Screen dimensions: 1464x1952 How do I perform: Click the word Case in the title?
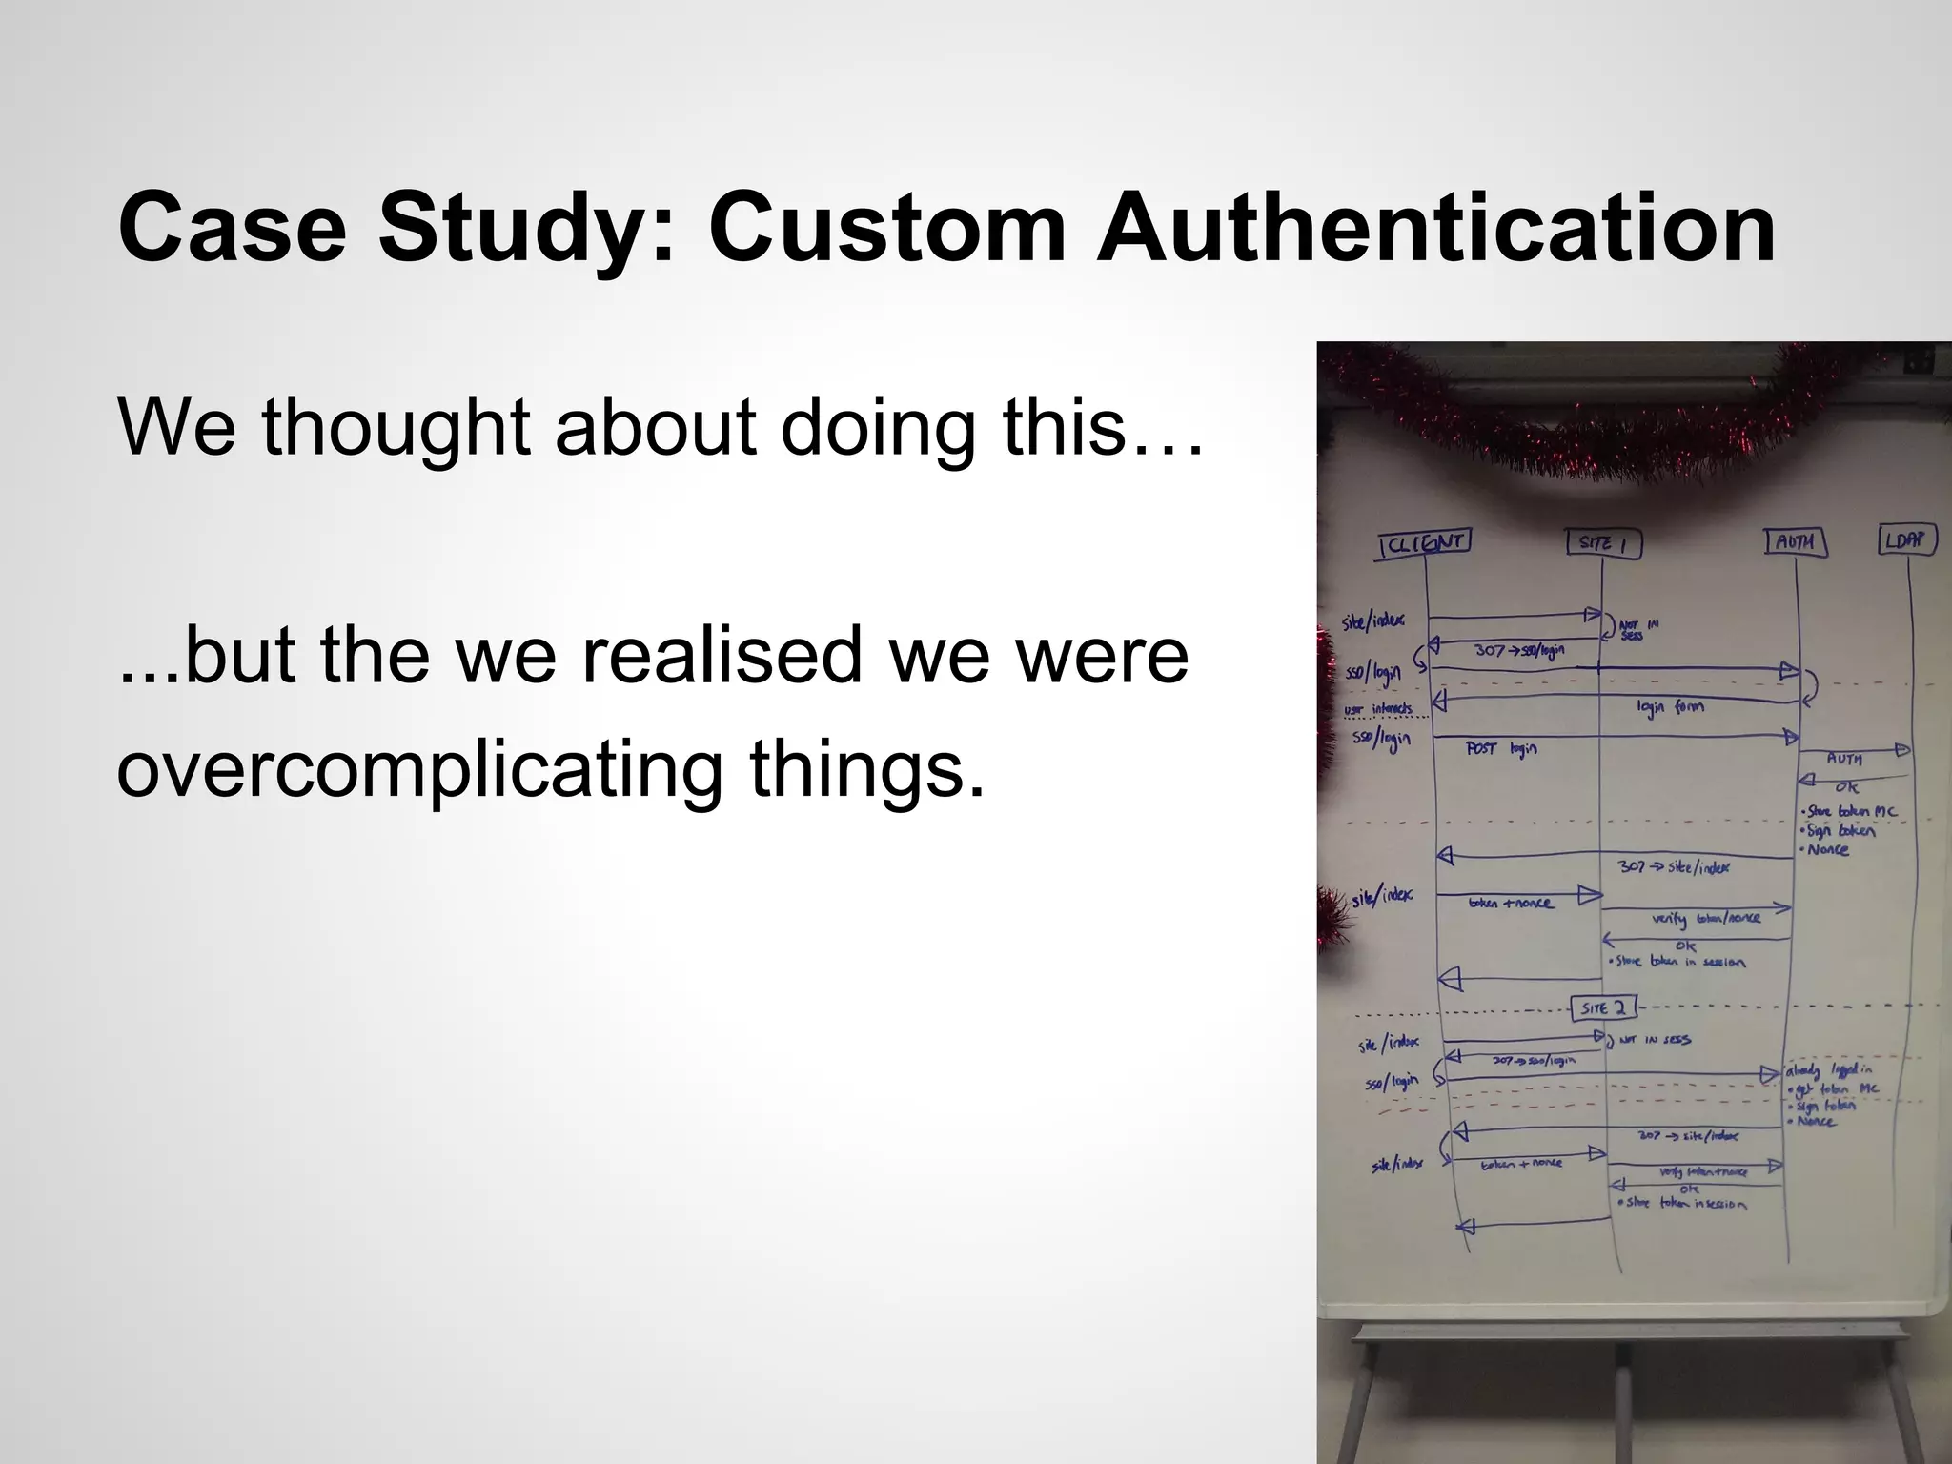tap(233, 230)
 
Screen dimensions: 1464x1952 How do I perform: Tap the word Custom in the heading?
tap(887, 230)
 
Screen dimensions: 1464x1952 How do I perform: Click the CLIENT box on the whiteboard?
tap(1425, 544)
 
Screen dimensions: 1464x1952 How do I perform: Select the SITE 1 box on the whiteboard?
tap(1604, 543)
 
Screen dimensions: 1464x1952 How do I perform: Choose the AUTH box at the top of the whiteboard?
tap(1795, 542)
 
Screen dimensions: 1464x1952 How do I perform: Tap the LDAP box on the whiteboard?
tap(1906, 540)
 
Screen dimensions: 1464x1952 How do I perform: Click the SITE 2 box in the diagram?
tap(1604, 1007)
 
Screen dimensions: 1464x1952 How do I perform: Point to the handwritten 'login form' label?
tap(1670, 707)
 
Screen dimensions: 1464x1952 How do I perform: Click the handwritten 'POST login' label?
tap(1501, 750)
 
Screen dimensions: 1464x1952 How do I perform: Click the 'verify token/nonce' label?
tap(1706, 919)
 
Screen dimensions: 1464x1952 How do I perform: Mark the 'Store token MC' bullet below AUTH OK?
tap(1849, 812)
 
